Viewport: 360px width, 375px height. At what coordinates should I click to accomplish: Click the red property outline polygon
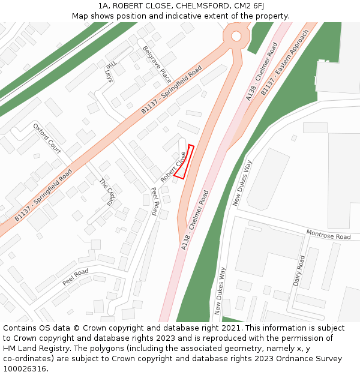(184, 161)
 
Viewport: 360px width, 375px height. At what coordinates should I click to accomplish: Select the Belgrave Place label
(157, 65)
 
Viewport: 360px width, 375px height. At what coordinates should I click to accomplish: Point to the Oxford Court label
(47, 139)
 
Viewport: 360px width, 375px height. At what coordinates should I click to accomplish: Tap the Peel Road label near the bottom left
(76, 277)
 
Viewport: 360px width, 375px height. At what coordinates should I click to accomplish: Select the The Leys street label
(109, 73)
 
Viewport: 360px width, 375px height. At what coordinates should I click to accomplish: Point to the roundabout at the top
(236, 36)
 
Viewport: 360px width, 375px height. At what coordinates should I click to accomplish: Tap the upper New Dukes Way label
(242, 183)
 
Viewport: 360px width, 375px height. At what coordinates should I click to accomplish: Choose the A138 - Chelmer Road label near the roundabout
(262, 71)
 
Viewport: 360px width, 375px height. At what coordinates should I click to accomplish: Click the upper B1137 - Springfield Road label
(172, 91)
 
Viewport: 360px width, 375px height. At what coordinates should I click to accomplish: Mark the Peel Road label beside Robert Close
(155, 201)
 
